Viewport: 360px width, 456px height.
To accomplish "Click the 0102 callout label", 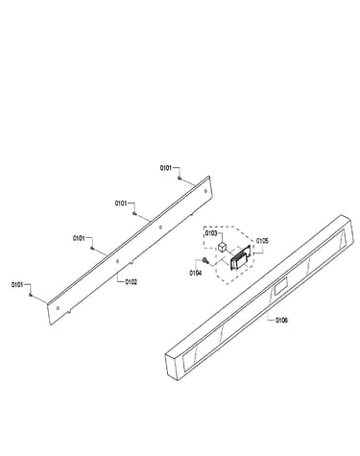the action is [132, 282].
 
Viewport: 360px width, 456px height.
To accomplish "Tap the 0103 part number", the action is [211, 232].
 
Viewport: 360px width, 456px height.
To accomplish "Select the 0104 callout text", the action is [196, 273].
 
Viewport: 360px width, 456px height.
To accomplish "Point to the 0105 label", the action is [262, 241].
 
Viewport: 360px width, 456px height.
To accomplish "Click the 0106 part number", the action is [281, 320].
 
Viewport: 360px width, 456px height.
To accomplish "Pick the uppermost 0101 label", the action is [166, 168].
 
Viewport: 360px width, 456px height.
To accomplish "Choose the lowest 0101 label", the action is [17, 284].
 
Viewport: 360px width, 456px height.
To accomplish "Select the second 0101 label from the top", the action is [121, 204].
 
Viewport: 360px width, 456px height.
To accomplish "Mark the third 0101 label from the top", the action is [79, 238].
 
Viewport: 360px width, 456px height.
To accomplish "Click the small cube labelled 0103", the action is [222, 247].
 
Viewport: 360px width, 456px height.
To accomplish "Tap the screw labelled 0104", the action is [204, 261].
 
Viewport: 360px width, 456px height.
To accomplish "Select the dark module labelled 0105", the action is [240, 258].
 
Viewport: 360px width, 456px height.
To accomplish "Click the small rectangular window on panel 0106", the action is [280, 286].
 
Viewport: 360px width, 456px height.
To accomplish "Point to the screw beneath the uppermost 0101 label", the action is [180, 179].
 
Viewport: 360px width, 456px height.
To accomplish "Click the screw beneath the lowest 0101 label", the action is [31, 295].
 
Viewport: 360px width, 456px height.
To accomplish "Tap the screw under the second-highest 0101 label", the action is [134, 213].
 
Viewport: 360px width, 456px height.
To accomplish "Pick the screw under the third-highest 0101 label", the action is [92, 249].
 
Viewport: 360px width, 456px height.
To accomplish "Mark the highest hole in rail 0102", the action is [205, 191].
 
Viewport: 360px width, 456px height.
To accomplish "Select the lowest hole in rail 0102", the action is [58, 308].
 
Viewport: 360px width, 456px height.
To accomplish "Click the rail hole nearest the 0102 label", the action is [117, 261].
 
